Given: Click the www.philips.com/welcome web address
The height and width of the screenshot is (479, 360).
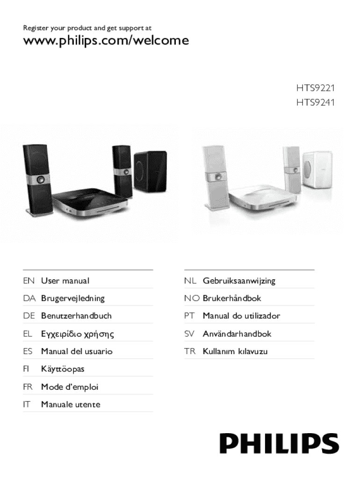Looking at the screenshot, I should (x=106, y=41).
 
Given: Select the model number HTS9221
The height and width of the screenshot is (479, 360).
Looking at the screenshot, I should (x=315, y=87).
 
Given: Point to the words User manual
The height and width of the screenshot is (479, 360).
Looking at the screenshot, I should (x=65, y=281).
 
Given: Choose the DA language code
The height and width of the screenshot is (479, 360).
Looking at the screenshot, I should (x=29, y=298).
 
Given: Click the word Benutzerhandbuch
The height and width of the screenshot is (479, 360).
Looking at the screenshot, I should (x=76, y=316).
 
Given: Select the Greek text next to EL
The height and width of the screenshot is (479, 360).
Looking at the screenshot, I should (x=78, y=334).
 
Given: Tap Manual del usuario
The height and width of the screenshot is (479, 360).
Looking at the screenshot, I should (x=77, y=351).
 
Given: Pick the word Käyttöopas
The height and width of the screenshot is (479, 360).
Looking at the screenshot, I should (x=63, y=369).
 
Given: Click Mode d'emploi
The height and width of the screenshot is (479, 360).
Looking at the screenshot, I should (x=70, y=387).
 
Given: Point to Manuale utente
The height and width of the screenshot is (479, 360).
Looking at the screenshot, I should (x=71, y=404).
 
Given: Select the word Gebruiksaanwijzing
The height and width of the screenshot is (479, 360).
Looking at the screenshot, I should (x=239, y=281).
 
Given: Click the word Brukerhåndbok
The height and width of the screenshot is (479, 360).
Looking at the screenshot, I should (x=232, y=298).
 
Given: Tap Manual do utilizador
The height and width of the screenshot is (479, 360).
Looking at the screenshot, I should (x=241, y=316).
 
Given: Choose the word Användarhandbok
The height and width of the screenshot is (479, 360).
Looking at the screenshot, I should (x=237, y=334).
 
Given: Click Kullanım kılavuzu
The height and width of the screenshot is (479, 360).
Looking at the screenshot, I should (x=235, y=351).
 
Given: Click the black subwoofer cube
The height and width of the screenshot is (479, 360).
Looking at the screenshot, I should (x=150, y=170).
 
